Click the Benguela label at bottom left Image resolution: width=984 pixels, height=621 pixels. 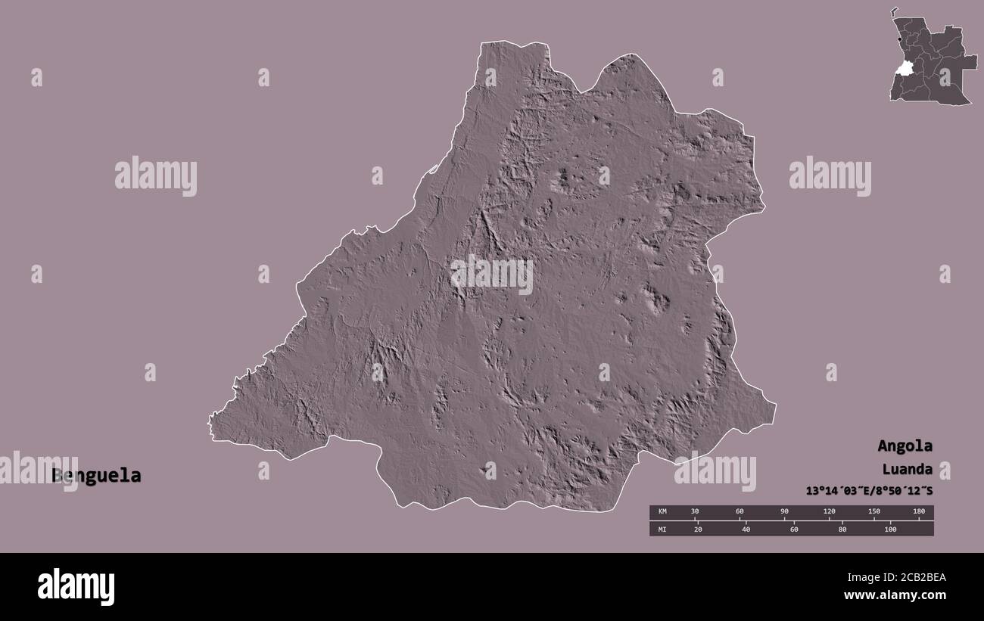pyautogui.click(x=96, y=476)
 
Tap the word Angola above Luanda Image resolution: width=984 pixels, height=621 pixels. pyautogui.click(x=905, y=446)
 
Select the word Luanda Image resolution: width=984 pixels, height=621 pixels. pyautogui.click(x=906, y=469)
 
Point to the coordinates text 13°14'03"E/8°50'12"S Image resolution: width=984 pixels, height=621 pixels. pyautogui.click(x=869, y=491)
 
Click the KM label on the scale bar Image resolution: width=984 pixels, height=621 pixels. pyautogui.click(x=662, y=512)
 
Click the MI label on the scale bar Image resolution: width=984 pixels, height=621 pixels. pyautogui.click(x=662, y=529)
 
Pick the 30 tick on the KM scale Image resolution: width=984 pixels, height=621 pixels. pyautogui.click(x=695, y=512)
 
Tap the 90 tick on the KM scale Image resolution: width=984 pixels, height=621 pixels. pyautogui.click(x=784, y=512)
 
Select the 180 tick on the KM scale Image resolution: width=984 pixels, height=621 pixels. pyautogui.click(x=919, y=512)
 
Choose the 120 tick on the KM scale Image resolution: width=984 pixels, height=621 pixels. pyautogui.click(x=829, y=512)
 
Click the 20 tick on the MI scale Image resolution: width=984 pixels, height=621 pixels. pyautogui.click(x=698, y=529)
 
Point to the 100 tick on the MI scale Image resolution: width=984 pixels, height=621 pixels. pyautogui.click(x=890, y=529)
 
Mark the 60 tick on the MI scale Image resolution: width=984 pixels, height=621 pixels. pyautogui.click(x=794, y=529)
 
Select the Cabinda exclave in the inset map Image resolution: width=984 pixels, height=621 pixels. pyautogui.click(x=894, y=11)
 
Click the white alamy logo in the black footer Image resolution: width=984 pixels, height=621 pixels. pyautogui.click(x=76, y=587)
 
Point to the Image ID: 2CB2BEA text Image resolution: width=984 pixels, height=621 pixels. pyautogui.click(x=895, y=579)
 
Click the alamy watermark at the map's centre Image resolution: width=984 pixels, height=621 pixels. pyautogui.click(x=492, y=274)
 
